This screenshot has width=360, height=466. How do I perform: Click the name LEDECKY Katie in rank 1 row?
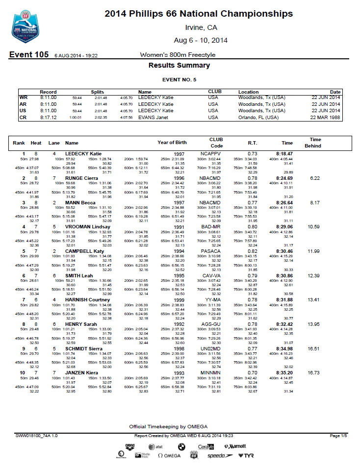[83, 153]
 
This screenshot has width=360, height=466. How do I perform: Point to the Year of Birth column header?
[172, 143]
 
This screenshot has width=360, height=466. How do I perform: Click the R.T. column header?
[253, 143]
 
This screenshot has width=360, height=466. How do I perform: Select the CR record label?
[23, 118]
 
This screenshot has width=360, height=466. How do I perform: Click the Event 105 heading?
[28, 55]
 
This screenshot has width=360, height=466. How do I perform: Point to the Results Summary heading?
[179, 65]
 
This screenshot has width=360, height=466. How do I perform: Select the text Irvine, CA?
[201, 27]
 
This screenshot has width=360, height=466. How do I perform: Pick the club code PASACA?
[210, 251]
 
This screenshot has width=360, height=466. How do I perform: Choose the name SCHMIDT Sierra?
[85, 348]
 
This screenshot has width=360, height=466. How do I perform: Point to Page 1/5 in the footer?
[338, 436]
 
